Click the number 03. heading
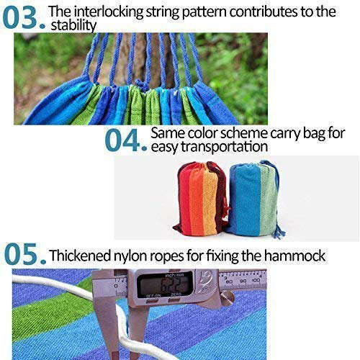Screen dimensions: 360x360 pos(22,16)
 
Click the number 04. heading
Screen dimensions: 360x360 pos(125,140)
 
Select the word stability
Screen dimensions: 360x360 pos(73,26)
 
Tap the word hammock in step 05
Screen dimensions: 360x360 pos(302,256)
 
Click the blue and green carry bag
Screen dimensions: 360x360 pos(253,197)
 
